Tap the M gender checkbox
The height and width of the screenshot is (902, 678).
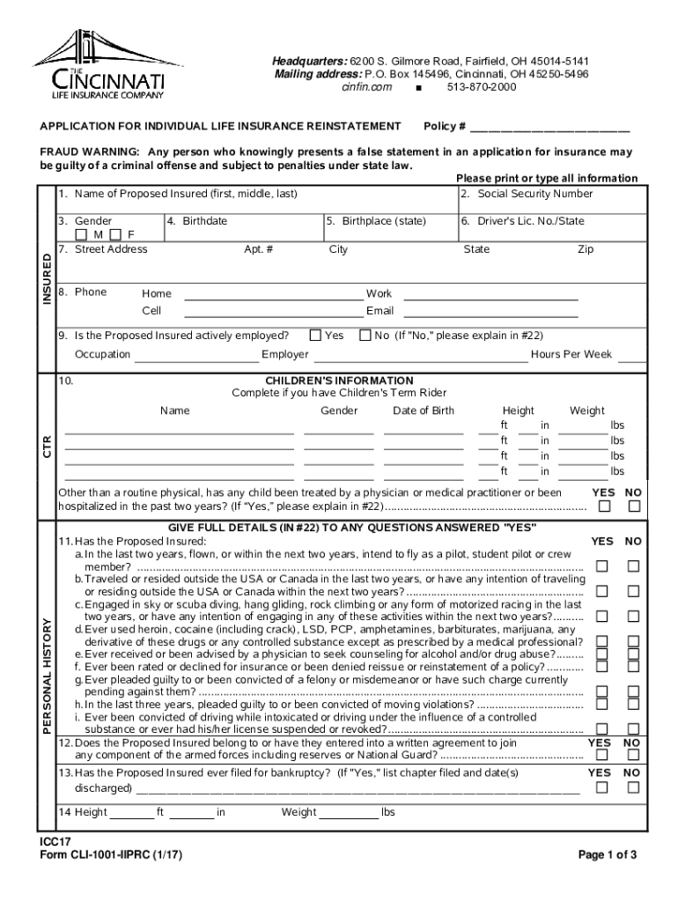click(x=81, y=235)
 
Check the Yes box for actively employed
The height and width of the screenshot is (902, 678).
click(x=315, y=335)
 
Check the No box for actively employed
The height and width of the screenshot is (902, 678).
click(x=365, y=335)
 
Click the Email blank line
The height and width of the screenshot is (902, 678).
click(x=490, y=311)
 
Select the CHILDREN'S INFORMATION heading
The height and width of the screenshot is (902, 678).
click(x=339, y=381)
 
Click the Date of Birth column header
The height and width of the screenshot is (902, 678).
click(x=424, y=410)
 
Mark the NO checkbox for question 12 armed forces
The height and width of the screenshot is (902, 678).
click(x=632, y=758)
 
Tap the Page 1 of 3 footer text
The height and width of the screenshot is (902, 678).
click(x=607, y=854)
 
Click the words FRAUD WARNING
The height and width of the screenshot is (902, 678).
click(x=89, y=152)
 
